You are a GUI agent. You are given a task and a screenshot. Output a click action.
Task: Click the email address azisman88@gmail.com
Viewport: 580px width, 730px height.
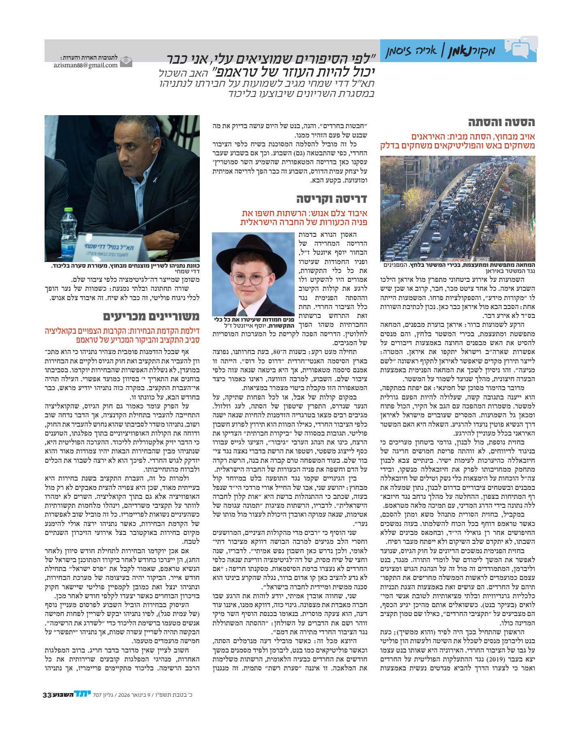[86, 65]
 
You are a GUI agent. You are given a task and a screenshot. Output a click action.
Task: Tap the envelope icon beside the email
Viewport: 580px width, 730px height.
[126, 61]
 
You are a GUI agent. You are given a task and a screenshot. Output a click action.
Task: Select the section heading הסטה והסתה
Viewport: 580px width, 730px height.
[501, 122]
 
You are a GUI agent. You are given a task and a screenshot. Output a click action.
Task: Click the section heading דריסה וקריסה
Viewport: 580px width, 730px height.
[331, 199]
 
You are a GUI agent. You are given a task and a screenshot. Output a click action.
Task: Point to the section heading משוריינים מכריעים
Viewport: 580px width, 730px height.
[151, 316]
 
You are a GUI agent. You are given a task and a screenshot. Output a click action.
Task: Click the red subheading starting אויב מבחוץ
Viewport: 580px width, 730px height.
[457, 141]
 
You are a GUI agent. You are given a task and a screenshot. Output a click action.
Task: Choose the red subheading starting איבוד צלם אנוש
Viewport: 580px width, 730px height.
[304, 218]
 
